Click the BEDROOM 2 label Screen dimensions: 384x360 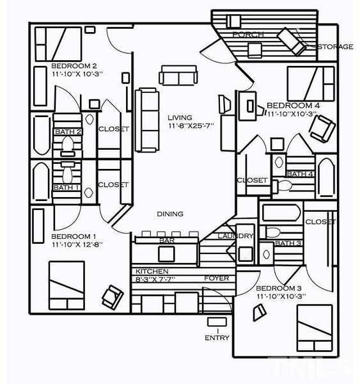(x=74, y=65)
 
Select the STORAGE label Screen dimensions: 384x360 (x=335, y=47)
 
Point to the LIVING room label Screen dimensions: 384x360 (x=180, y=118)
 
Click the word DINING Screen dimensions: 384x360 (x=170, y=214)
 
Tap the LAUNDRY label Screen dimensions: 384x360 (x=236, y=236)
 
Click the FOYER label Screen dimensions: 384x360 (x=216, y=278)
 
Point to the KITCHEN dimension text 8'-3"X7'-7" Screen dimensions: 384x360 (x=155, y=279)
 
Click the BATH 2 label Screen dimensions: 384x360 (x=68, y=132)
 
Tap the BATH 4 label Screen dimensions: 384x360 (x=299, y=174)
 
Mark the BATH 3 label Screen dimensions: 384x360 (x=287, y=243)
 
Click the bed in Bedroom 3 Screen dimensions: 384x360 (x=314, y=328)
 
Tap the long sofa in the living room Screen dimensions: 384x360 (x=147, y=111)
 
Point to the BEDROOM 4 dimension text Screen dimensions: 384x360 (x=292, y=114)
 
